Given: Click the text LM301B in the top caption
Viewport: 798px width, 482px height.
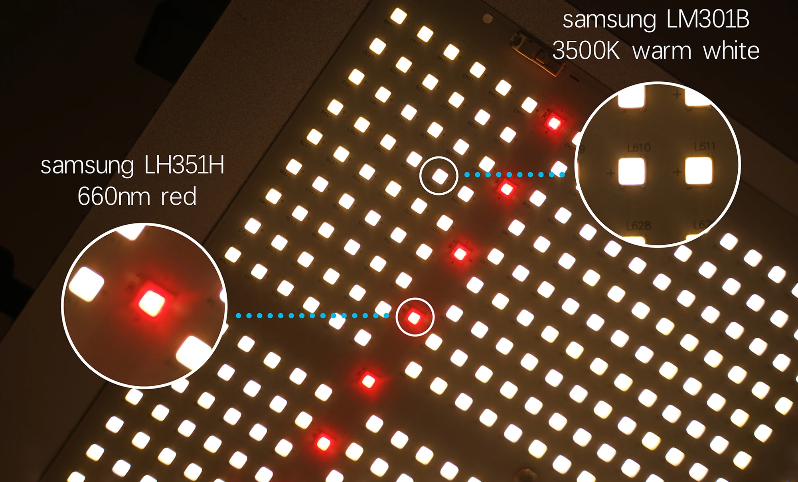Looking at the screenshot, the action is pyautogui.click(x=708, y=20).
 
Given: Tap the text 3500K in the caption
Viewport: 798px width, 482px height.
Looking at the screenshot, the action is pyautogui.click(x=586, y=51).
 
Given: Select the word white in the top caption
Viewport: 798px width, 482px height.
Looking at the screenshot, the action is pyautogui.click(x=731, y=51).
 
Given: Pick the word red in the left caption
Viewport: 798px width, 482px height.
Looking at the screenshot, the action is pyautogui.click(x=179, y=197).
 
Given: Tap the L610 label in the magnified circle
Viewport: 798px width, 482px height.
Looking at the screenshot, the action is pyautogui.click(x=639, y=148).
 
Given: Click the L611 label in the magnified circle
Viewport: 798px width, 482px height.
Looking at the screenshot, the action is pyautogui.click(x=705, y=146).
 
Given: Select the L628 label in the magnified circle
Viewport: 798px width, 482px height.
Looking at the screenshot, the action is pyautogui.click(x=638, y=226).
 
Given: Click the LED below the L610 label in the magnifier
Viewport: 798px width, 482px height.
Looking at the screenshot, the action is pyautogui.click(x=631, y=172).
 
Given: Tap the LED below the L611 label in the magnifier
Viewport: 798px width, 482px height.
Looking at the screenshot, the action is pyautogui.click(x=698, y=170).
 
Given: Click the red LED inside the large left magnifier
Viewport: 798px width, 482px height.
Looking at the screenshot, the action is pyautogui.click(x=152, y=303).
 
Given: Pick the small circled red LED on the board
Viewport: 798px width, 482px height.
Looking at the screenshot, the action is pyautogui.click(x=414, y=318).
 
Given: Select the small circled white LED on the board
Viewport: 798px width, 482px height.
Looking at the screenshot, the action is pyautogui.click(x=440, y=176).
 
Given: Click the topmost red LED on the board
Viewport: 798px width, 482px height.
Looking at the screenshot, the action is pyautogui.click(x=554, y=123).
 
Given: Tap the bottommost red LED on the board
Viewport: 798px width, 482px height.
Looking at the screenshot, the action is pyautogui.click(x=324, y=442).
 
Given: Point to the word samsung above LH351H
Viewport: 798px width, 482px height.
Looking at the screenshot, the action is pyautogui.click(x=87, y=166).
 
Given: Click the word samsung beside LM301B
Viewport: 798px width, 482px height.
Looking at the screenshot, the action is pyautogui.click(x=609, y=20).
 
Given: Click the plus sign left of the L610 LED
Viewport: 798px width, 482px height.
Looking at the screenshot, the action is pyautogui.click(x=610, y=174).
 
